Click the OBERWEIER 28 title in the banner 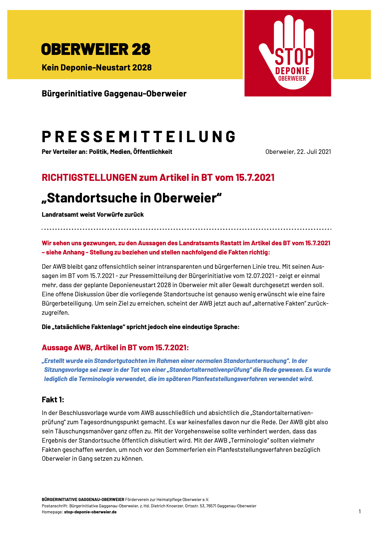tap(96, 49)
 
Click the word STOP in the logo tap(294, 57)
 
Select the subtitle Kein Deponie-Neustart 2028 tap(97, 68)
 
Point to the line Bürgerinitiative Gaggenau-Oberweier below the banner tap(114, 94)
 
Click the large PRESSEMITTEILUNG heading tap(139, 137)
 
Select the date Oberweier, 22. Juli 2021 tap(298, 152)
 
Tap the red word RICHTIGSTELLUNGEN tap(89, 177)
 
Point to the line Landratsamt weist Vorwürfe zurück tap(93, 215)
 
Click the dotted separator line tap(186, 229)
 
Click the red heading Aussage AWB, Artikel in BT tap(115, 348)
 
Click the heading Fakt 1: tap(53, 399)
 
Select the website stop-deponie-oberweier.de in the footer tap(90, 512)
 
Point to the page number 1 tap(360, 511)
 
